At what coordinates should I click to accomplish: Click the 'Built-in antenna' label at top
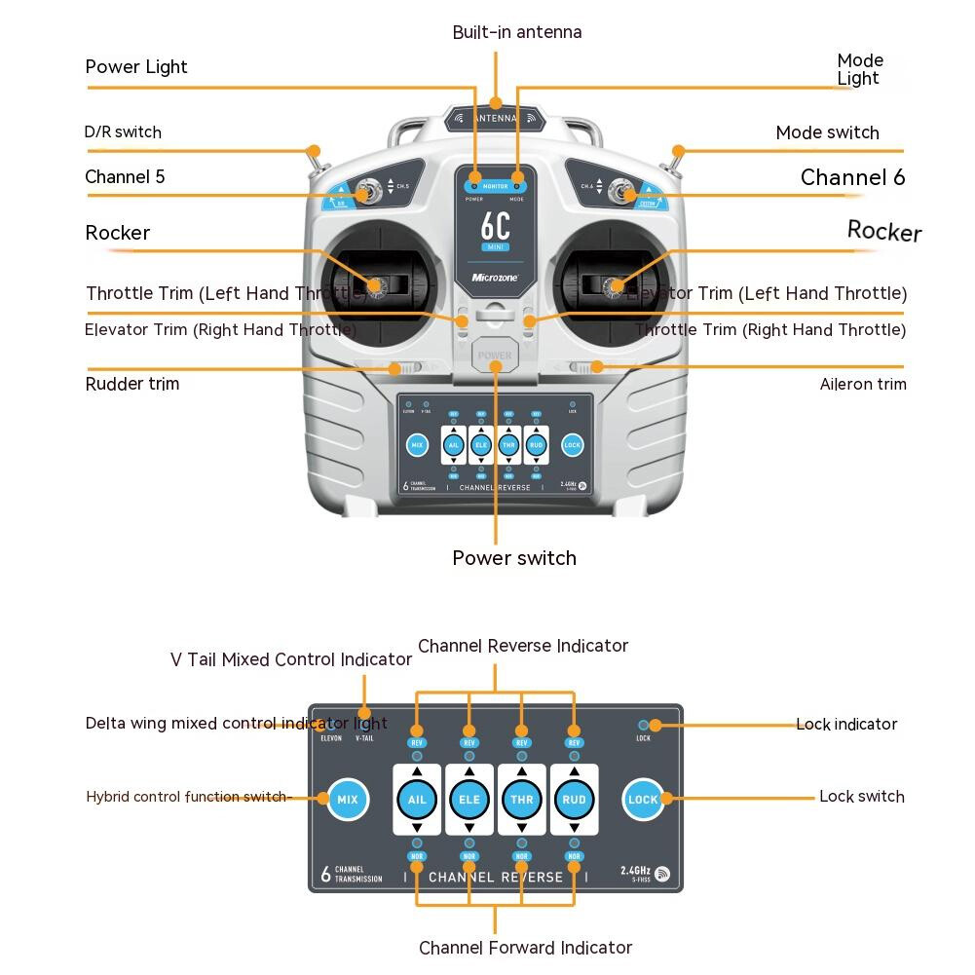(516, 32)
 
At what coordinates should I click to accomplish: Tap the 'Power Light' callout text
(136, 67)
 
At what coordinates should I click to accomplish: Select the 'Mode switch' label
(827, 132)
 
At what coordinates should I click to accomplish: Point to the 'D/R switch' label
(123, 131)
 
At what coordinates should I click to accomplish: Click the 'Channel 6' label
(852, 177)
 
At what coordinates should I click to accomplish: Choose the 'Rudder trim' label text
(132, 384)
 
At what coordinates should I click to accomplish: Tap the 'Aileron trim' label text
(863, 384)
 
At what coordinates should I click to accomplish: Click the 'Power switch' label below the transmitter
(514, 558)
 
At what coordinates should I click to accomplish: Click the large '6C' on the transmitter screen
(496, 226)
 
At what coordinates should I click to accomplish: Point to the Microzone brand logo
(496, 278)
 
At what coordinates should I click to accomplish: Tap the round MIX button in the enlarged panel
(348, 800)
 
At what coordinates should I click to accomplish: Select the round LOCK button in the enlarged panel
(643, 800)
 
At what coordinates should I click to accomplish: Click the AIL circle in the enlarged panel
(417, 800)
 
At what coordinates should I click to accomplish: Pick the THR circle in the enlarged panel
(522, 800)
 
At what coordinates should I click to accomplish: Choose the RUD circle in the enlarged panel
(575, 800)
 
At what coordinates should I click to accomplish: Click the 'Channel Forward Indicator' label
(525, 948)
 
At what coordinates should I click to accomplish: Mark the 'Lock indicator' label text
(846, 725)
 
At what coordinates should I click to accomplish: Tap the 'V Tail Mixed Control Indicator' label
(291, 659)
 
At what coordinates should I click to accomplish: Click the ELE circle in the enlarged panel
(469, 800)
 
